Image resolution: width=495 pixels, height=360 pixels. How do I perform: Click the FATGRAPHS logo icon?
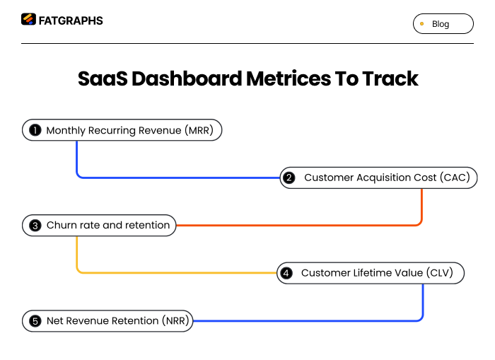click(x=28, y=20)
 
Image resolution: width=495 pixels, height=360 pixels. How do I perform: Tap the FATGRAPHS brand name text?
click(x=70, y=21)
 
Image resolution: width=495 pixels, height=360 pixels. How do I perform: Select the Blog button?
click(x=443, y=24)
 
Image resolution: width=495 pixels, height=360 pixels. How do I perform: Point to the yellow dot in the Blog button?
click(x=422, y=24)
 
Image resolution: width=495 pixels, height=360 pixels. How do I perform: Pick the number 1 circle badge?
click(x=35, y=130)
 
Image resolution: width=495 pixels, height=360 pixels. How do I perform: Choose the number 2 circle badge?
click(x=289, y=178)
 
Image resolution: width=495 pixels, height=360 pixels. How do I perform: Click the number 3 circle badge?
click(x=35, y=226)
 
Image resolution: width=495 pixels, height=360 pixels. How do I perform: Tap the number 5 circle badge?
click(x=35, y=321)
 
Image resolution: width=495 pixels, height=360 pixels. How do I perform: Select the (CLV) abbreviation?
click(x=440, y=273)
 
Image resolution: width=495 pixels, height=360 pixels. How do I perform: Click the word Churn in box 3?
click(x=62, y=226)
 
